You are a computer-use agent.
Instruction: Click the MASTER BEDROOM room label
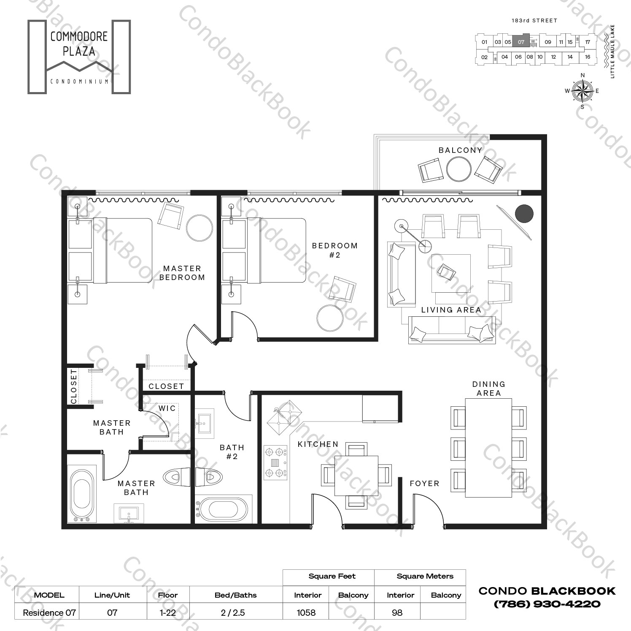pyautogui.click(x=182, y=273)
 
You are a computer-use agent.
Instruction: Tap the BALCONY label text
pyautogui.click(x=460, y=150)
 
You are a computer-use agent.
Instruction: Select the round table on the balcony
pyautogui.click(x=458, y=169)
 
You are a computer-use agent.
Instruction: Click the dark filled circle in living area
pyautogui.click(x=524, y=214)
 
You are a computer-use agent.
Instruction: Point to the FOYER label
pyautogui.click(x=424, y=484)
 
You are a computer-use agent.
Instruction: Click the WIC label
pyautogui.click(x=167, y=408)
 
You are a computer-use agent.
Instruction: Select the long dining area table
pyautogui.click(x=488, y=448)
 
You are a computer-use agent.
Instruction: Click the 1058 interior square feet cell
pyautogui.click(x=306, y=612)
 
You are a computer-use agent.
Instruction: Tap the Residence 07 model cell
pyautogui.click(x=49, y=612)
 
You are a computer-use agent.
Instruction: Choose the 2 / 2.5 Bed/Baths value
pyautogui.click(x=233, y=612)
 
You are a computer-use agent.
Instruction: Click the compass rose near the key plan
pyautogui.click(x=582, y=90)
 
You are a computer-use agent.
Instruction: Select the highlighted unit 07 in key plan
pyautogui.click(x=521, y=42)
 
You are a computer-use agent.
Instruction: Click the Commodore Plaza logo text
pyautogui.click(x=79, y=44)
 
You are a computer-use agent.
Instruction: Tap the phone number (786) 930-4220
pyautogui.click(x=547, y=604)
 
